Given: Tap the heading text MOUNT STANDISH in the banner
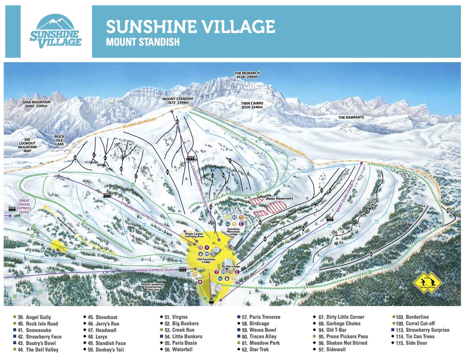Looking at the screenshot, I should pyautogui.click(x=143, y=42).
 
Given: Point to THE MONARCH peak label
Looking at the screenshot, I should pyautogui.click(x=247, y=75).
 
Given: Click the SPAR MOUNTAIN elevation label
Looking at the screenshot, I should pyautogui.click(x=36, y=104).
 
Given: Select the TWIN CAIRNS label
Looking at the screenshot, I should pyautogui.click(x=252, y=105).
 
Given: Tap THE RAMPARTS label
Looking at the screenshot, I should pyautogui.click(x=351, y=117).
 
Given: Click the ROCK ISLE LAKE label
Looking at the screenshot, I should pyautogui.click(x=59, y=140).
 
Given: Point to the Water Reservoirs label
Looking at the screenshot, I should pyautogui.click(x=279, y=199).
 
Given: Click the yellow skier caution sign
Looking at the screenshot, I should pyautogui.click(x=427, y=283).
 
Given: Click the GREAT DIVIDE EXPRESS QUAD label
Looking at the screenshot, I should pyautogui.click(x=24, y=206).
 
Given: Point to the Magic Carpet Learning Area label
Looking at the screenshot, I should pyautogui.click(x=194, y=235).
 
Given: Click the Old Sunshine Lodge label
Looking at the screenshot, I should pyautogui.click(x=206, y=260).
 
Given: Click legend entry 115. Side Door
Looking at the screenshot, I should pyautogui.click(x=416, y=343).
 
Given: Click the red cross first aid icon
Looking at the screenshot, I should pyautogui.click(x=200, y=282).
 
